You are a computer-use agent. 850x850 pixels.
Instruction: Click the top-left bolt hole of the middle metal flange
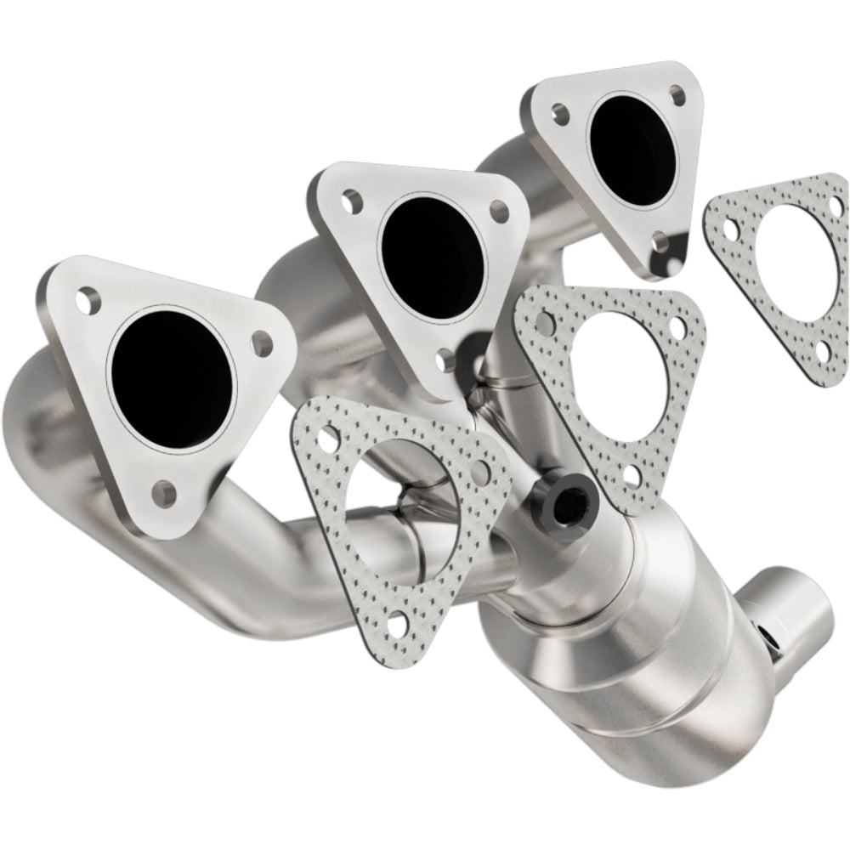[348, 201]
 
